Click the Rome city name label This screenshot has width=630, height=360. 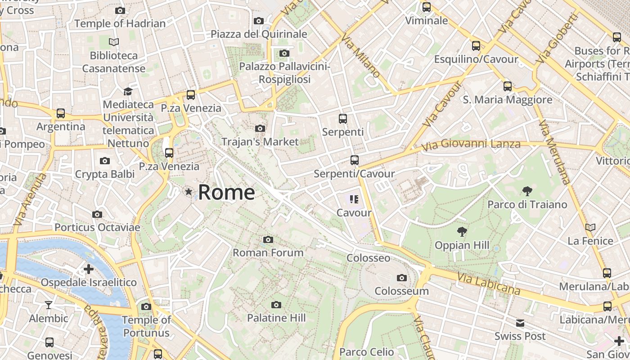click(x=226, y=192)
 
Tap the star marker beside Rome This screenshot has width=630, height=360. click(x=189, y=192)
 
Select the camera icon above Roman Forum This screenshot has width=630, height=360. click(x=268, y=239)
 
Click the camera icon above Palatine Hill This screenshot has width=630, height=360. click(x=276, y=305)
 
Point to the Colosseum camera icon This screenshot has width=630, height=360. click(x=402, y=278)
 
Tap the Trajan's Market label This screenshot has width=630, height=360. click(x=260, y=142)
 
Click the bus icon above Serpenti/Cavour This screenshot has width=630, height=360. click(x=354, y=160)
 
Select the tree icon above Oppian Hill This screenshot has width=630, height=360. click(x=462, y=232)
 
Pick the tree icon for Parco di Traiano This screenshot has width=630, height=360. click(x=527, y=191)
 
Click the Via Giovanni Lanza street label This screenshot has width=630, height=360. click(x=471, y=144)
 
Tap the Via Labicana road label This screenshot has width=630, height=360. click(x=489, y=283)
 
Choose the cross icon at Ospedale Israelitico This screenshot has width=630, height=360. click(x=89, y=269)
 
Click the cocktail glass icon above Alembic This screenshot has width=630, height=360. click(x=49, y=305)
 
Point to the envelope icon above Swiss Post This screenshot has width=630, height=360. click(x=520, y=323)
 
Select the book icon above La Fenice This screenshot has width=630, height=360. click(x=590, y=227)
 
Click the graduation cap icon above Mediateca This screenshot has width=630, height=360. click(x=128, y=91)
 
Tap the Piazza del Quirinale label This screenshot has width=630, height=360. click(x=259, y=34)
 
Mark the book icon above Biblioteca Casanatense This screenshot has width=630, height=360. click(x=114, y=42)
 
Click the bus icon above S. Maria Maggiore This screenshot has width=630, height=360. click(x=508, y=86)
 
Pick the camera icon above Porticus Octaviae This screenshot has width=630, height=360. click(x=97, y=214)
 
